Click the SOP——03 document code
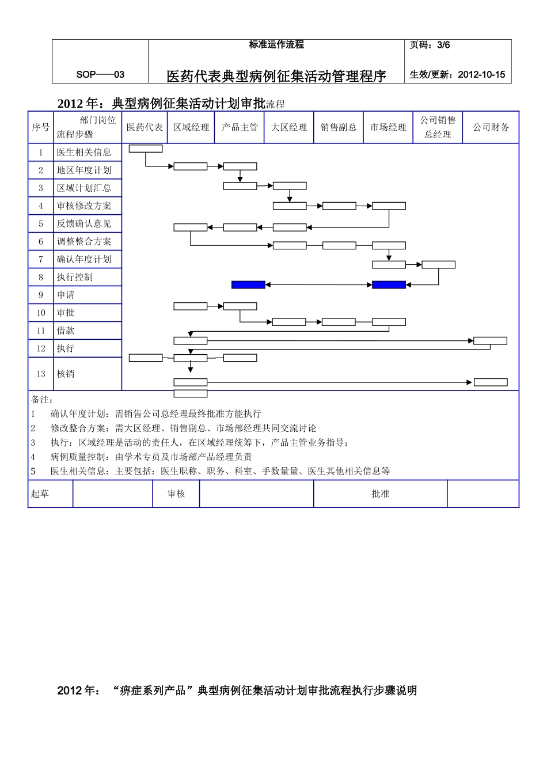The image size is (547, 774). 100,74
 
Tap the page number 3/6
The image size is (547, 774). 430,45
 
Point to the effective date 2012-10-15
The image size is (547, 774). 457,74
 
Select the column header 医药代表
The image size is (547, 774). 145,127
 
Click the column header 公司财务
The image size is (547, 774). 491,127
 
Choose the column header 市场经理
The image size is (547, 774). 388,127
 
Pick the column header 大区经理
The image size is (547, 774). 289,127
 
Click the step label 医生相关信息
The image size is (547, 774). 84,153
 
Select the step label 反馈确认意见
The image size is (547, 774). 84,223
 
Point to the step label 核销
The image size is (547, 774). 66,374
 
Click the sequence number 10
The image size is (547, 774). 41,313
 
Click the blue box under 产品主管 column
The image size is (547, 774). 248,284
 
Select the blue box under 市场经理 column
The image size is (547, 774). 389,284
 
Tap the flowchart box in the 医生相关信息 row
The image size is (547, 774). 146,149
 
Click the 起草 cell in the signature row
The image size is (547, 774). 40,494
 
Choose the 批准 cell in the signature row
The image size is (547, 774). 381,494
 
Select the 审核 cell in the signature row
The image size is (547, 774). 176,494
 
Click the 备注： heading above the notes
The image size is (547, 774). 42,399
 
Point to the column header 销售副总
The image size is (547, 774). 339,127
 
